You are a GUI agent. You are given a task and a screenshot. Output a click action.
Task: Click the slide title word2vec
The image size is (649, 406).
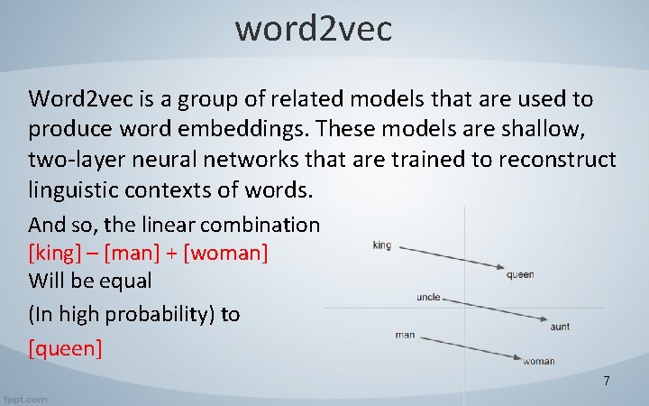(314, 29)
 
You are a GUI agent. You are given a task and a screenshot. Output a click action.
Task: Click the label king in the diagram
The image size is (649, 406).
(381, 245)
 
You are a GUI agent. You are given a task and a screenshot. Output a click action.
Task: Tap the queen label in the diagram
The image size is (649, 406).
(520, 275)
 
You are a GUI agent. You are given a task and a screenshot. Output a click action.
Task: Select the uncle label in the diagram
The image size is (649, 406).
(428, 297)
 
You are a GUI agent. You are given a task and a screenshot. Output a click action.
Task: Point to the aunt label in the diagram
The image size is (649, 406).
(560, 327)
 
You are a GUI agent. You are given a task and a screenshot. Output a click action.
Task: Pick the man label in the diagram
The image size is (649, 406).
(405, 335)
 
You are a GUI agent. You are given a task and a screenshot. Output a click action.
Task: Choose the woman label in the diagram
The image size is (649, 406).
(539, 362)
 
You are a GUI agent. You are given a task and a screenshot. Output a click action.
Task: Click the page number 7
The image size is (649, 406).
(607, 382)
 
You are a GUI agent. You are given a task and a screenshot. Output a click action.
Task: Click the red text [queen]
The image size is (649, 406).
(66, 347)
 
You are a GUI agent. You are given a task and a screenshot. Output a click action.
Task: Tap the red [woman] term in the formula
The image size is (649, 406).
(225, 252)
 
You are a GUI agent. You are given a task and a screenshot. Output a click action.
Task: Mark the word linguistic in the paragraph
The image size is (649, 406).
(75, 190)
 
